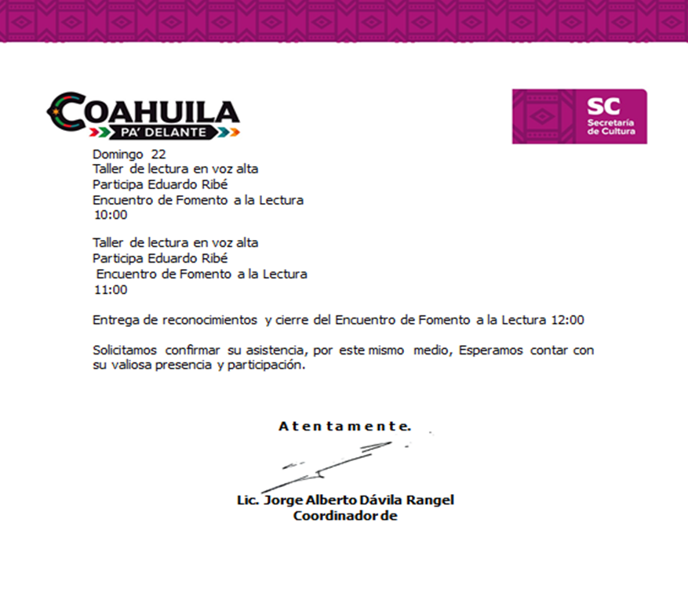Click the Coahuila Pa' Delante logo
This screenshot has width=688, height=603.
pyautogui.click(x=143, y=116)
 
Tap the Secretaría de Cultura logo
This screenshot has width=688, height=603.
pyautogui.click(x=579, y=116)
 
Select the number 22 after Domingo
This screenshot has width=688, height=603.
pyautogui.click(x=158, y=154)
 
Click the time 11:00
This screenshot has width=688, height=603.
pyautogui.click(x=111, y=289)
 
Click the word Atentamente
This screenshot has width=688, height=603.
pyautogui.click(x=344, y=427)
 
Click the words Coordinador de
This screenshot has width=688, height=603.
pyautogui.click(x=345, y=516)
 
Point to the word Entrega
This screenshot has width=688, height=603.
pyautogui.click(x=115, y=320)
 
